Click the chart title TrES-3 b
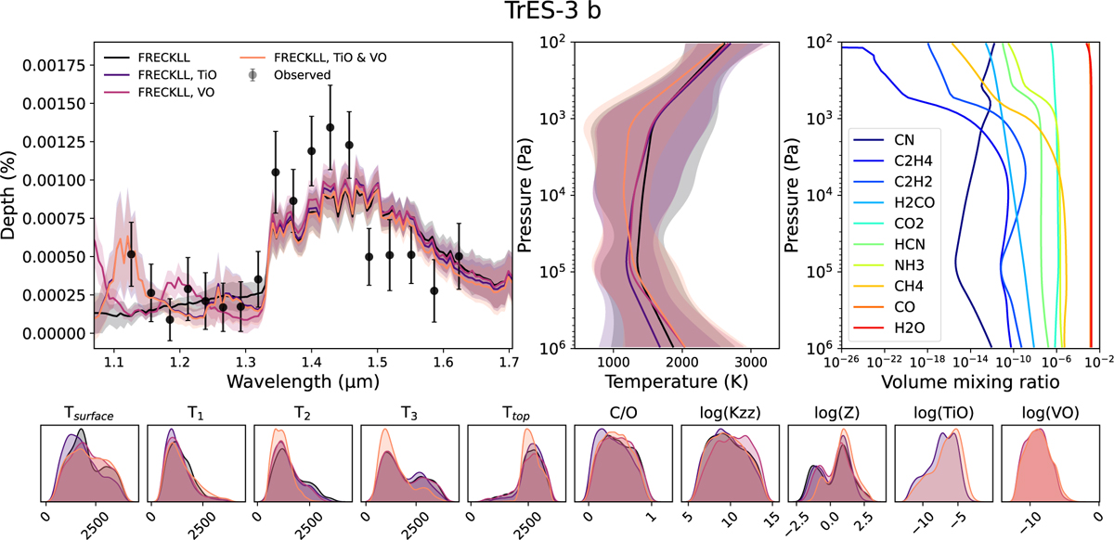click(x=556, y=16)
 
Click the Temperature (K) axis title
click(x=664, y=381)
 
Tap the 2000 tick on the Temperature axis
click(x=682, y=363)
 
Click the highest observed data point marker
click(x=330, y=127)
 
